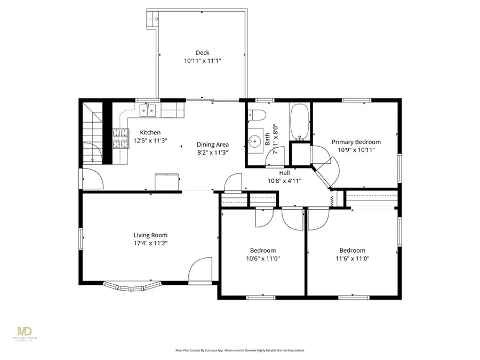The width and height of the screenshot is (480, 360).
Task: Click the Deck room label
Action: [x=202, y=52]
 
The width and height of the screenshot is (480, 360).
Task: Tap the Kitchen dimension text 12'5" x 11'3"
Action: [x=150, y=141]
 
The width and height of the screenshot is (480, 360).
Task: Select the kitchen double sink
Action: [x=148, y=110]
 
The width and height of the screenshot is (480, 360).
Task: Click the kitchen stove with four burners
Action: [x=121, y=139]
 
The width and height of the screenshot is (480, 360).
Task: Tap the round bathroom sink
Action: [x=253, y=141]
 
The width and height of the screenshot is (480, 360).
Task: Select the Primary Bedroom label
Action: [x=356, y=142]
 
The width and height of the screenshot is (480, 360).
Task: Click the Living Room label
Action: [x=150, y=235]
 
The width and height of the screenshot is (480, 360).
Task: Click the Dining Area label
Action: [x=212, y=145]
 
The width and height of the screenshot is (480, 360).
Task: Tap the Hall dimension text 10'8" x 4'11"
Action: [x=284, y=180]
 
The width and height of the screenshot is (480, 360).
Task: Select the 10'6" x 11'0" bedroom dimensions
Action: [x=262, y=259]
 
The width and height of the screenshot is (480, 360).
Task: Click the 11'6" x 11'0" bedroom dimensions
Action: [x=352, y=259]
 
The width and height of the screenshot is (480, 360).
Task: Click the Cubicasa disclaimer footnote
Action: [x=240, y=350]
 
